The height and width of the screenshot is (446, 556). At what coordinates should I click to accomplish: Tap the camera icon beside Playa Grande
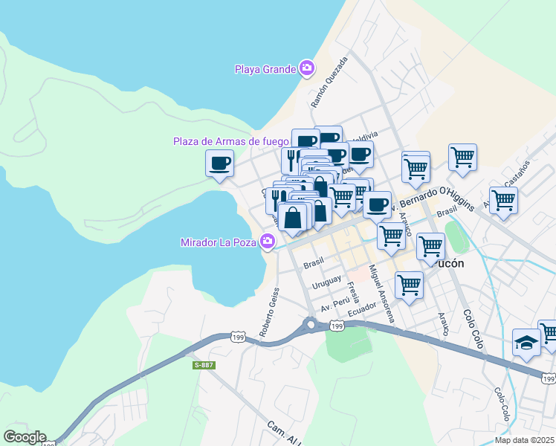click(306, 69)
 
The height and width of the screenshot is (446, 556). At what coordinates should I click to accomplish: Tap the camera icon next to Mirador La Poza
click(267, 242)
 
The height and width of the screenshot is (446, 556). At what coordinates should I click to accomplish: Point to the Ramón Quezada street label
click(329, 80)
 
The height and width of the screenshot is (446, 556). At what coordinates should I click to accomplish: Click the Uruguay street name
click(326, 282)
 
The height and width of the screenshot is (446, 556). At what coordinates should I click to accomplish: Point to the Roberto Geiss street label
click(270, 311)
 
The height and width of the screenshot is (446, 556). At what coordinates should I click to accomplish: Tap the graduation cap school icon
click(526, 343)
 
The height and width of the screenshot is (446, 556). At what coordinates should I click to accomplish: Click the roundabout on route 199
click(310, 324)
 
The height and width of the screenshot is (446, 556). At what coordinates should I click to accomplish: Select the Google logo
click(25, 437)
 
